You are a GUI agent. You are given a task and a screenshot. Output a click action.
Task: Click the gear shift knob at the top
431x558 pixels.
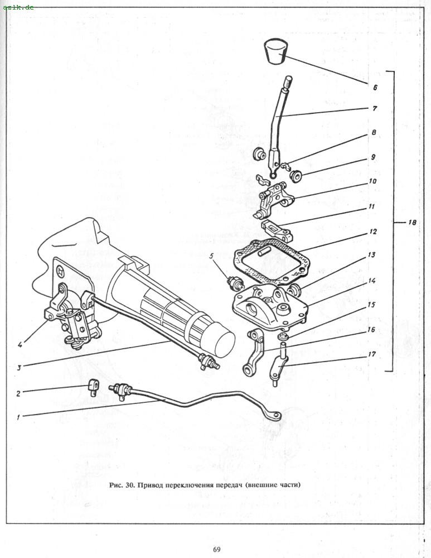[275, 52]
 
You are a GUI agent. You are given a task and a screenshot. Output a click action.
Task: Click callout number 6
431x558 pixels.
[375, 87]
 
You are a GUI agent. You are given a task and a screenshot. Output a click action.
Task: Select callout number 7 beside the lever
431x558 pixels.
[375, 108]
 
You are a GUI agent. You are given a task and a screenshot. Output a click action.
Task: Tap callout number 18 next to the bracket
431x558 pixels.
[412, 223]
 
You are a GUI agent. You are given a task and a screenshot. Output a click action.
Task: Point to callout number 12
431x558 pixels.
[372, 232]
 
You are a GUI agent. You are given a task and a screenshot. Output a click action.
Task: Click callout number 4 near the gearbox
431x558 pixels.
[20, 344]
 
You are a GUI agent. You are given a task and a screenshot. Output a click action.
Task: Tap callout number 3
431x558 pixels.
[19, 367]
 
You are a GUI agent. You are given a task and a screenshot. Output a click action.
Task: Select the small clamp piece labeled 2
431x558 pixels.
[94, 387]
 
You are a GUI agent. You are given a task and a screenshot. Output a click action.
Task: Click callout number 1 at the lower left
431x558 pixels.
[18, 417]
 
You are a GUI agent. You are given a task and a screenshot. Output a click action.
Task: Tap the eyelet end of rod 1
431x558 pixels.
[274, 416]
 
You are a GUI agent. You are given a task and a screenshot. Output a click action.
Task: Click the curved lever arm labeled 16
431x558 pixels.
[255, 352]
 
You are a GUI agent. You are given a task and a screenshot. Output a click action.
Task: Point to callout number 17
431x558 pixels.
[372, 354]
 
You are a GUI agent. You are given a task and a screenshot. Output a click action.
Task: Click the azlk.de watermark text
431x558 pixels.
[18, 7]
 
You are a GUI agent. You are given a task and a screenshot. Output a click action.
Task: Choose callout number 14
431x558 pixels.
[371, 281]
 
